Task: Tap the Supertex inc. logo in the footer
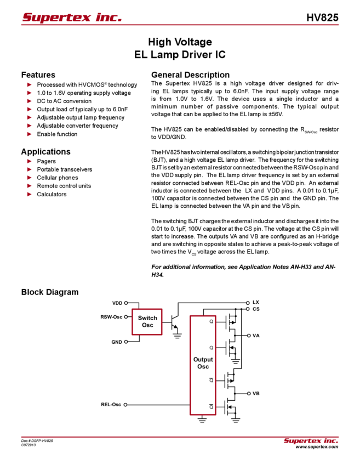pos(311,441)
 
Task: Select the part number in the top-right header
pos(326,16)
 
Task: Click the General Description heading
pos(190,75)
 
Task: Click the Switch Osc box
pos(147,321)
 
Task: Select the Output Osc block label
pos(200,362)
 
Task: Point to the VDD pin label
pos(118,302)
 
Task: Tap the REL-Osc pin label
pos(111,405)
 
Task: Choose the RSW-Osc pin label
pos(112,316)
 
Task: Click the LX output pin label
pos(255,302)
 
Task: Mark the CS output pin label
pos(255,309)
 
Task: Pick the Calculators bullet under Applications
pos(53,194)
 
